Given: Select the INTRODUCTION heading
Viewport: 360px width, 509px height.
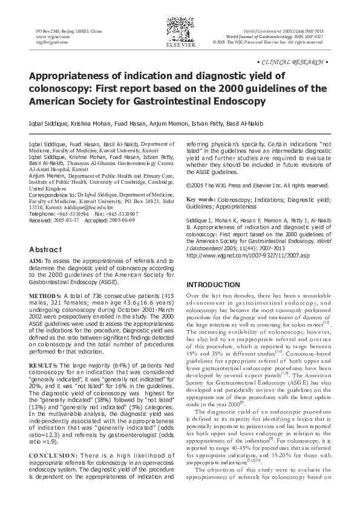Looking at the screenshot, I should [212, 285].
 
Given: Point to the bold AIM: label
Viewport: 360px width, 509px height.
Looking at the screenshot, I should [36, 261].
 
